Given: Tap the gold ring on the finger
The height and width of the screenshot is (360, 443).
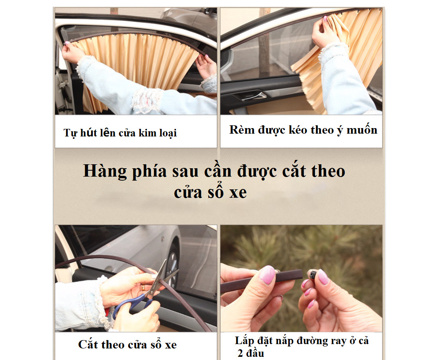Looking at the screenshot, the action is tap(143, 288).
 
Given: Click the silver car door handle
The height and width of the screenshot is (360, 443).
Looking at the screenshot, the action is tap(253, 96).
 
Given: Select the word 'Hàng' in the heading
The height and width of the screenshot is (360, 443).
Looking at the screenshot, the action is tap(105, 171).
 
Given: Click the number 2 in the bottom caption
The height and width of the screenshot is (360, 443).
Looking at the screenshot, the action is tap(240, 353).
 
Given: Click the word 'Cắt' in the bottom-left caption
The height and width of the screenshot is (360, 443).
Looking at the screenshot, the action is tap(88, 344).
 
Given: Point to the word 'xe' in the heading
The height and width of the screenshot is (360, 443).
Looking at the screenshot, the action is tap(238, 193).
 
